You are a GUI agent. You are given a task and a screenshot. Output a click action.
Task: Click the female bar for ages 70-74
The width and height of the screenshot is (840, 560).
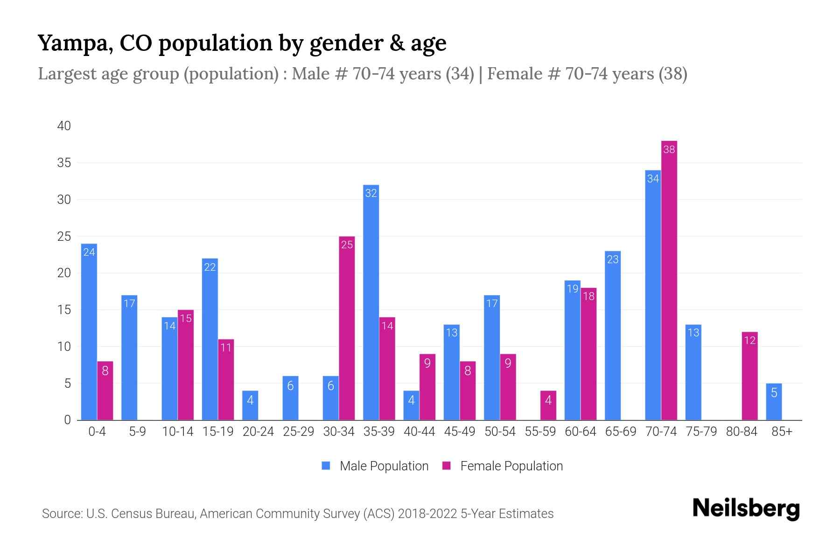(669, 280)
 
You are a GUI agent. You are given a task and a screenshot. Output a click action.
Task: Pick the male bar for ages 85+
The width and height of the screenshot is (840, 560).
(774, 402)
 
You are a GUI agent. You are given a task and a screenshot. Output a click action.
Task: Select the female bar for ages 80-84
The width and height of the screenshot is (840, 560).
(749, 376)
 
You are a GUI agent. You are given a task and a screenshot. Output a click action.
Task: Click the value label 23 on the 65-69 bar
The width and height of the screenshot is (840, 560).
(613, 259)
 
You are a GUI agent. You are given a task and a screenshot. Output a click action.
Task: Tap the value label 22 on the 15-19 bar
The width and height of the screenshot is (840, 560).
(210, 267)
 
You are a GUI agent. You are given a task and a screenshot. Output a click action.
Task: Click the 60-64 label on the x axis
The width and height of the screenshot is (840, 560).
(580, 432)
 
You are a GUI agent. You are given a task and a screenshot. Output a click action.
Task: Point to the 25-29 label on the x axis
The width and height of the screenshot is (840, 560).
(298, 432)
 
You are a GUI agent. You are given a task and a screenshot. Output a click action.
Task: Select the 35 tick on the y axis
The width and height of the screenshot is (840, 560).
(64, 163)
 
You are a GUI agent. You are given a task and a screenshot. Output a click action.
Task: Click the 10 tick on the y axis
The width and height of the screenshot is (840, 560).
(64, 347)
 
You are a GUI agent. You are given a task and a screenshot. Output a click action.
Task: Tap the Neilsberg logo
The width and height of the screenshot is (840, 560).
(746, 509)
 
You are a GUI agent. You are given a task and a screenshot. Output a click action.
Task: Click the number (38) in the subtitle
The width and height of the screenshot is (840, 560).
(672, 74)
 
